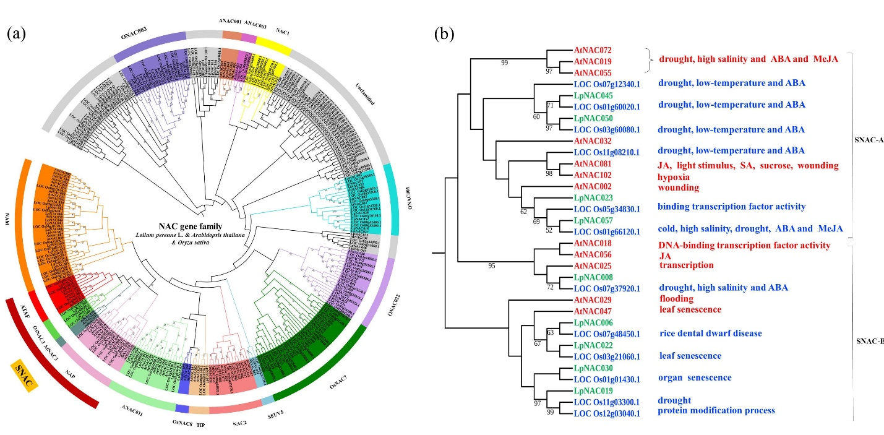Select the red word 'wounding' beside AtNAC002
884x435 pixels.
coord(678,187)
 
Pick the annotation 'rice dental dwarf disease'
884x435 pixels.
coord(710,334)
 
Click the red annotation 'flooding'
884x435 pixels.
coord(676,299)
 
